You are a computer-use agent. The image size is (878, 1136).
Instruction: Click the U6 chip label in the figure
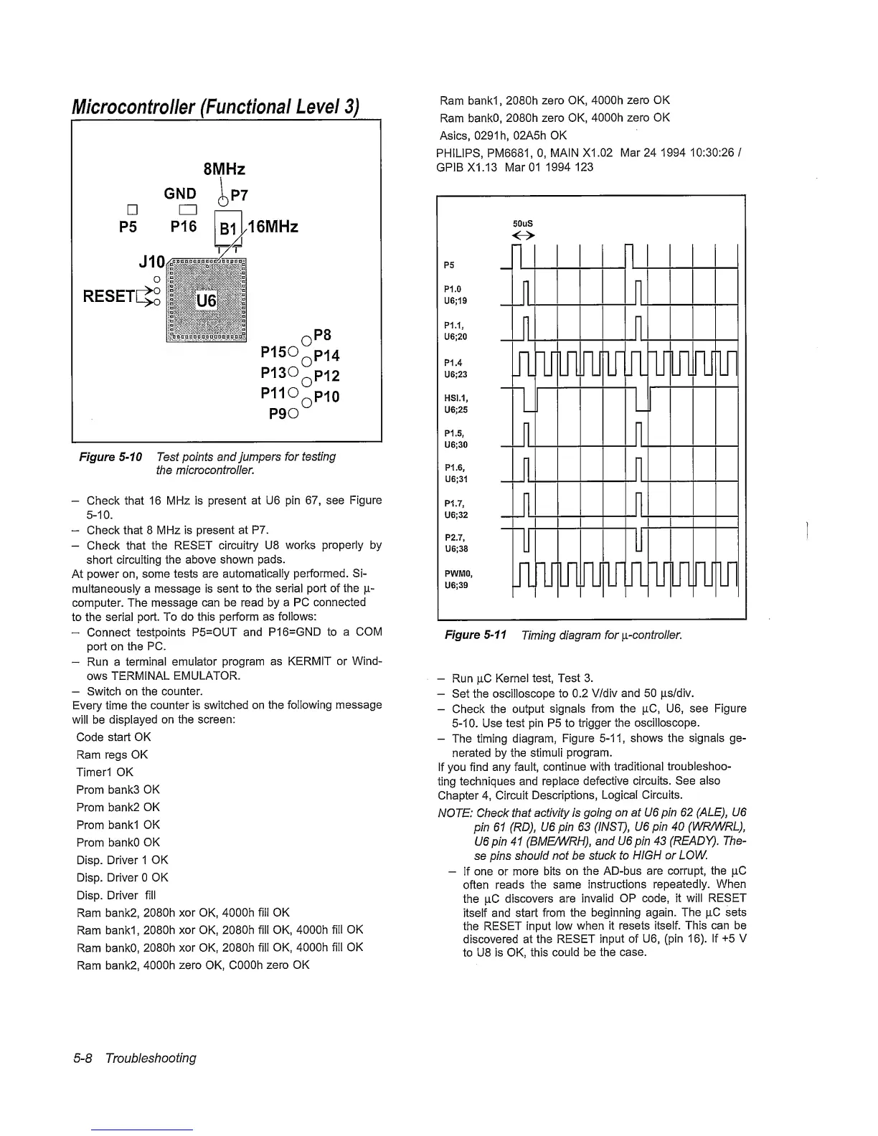pos(206,300)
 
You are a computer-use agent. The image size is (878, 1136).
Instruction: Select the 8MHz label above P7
pos(225,169)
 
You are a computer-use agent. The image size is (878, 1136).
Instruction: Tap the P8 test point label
pos(323,335)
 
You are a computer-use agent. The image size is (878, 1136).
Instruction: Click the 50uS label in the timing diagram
pos(523,224)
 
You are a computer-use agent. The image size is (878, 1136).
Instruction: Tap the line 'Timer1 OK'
pos(105,772)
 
